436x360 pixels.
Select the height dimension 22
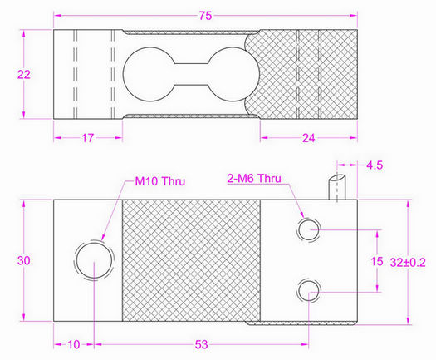click(24, 74)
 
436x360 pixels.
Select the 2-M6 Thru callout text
click(259, 178)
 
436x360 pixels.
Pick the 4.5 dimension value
click(375, 165)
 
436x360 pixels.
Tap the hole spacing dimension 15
click(376, 260)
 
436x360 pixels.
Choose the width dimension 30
click(24, 261)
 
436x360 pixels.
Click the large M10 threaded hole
click(93, 260)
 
